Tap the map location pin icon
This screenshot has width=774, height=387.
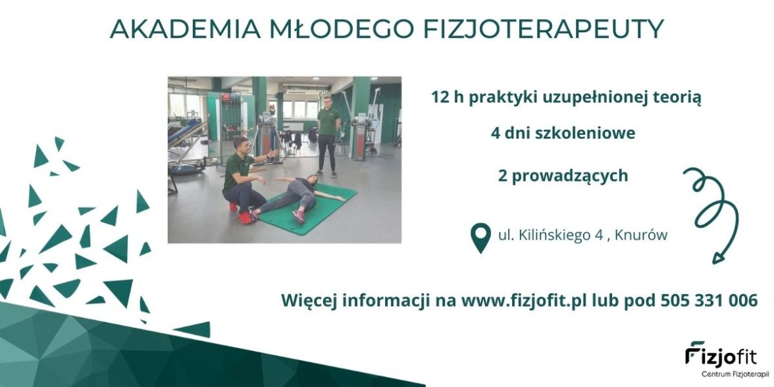[480, 238]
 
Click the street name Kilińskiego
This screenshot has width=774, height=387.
[555, 236]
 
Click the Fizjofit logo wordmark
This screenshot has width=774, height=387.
[728, 353]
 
